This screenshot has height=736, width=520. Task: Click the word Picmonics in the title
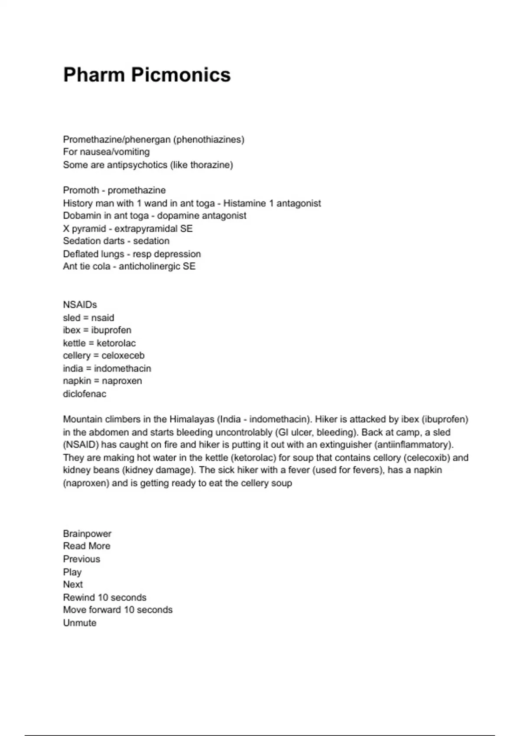coord(181,74)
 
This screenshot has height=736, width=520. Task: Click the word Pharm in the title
coord(94,74)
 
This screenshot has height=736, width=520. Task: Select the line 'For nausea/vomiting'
coord(106,152)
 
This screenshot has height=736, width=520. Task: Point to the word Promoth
coord(81,190)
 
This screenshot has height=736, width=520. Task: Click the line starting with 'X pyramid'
coord(127,229)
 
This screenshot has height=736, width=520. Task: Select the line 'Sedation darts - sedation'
coord(116,241)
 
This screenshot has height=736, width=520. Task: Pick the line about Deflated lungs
coord(132,254)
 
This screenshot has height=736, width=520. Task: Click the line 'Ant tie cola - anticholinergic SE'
coord(129,267)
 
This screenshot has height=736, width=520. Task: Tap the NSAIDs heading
coord(80,305)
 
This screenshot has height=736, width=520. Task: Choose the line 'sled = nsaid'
coord(88,318)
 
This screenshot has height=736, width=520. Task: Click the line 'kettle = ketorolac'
coord(99,343)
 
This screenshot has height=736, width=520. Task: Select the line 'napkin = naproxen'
coord(102,381)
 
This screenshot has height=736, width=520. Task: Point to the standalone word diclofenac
coord(84,394)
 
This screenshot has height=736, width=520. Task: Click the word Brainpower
coord(87,534)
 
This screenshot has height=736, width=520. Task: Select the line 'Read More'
coord(87,546)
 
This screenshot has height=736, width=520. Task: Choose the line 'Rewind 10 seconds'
coord(104,597)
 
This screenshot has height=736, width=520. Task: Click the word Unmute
coord(80,623)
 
